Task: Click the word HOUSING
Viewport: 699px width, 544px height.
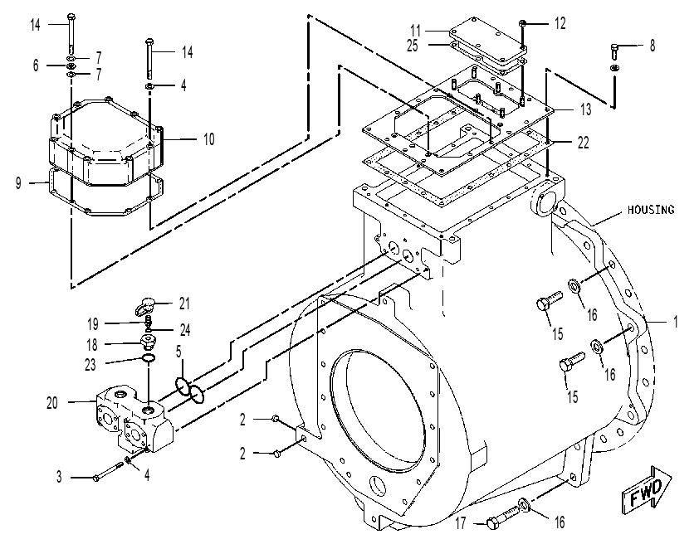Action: [651, 209]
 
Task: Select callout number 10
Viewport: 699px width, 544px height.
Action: [208, 139]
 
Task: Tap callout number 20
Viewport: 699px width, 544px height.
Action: [52, 403]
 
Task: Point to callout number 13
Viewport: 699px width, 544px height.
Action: [585, 109]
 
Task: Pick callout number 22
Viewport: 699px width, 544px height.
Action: [583, 143]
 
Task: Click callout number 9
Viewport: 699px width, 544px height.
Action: [18, 183]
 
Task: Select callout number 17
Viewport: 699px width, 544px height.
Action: [461, 522]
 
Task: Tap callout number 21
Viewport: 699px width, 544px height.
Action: [184, 304]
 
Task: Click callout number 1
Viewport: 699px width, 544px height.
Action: [676, 322]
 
